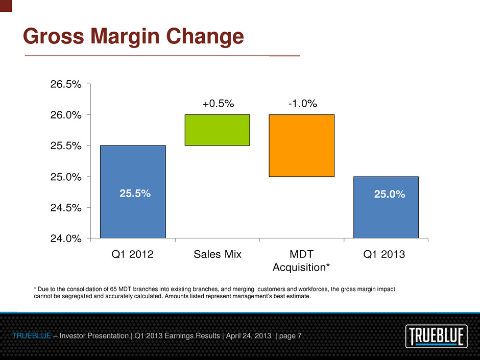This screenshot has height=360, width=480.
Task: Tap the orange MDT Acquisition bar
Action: pos(301,146)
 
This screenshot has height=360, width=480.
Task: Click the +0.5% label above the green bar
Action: pos(218,104)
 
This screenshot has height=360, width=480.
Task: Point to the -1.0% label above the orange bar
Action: pos(302,104)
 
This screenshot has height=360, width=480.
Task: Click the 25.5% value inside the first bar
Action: pos(135,194)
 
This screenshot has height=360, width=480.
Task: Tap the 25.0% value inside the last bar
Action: pos(390,194)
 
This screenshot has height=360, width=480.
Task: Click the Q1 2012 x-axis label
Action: pos(132,254)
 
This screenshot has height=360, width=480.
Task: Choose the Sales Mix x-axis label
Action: pos(217,254)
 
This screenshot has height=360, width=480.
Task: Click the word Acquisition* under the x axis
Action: pos(301,267)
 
